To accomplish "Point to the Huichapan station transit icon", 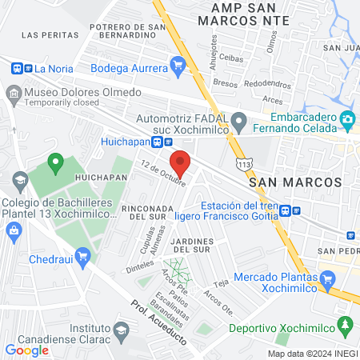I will click(x=158, y=142).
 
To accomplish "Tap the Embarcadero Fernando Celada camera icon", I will click(x=347, y=120).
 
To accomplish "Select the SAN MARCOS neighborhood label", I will click(x=295, y=182).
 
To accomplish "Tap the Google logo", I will click(x=26, y=350).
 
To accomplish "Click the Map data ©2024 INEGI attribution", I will click(x=312, y=354).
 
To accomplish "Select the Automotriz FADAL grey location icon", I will click(x=238, y=123).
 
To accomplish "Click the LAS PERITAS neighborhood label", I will click(x=50, y=35).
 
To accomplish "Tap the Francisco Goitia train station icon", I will click(x=295, y=211).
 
